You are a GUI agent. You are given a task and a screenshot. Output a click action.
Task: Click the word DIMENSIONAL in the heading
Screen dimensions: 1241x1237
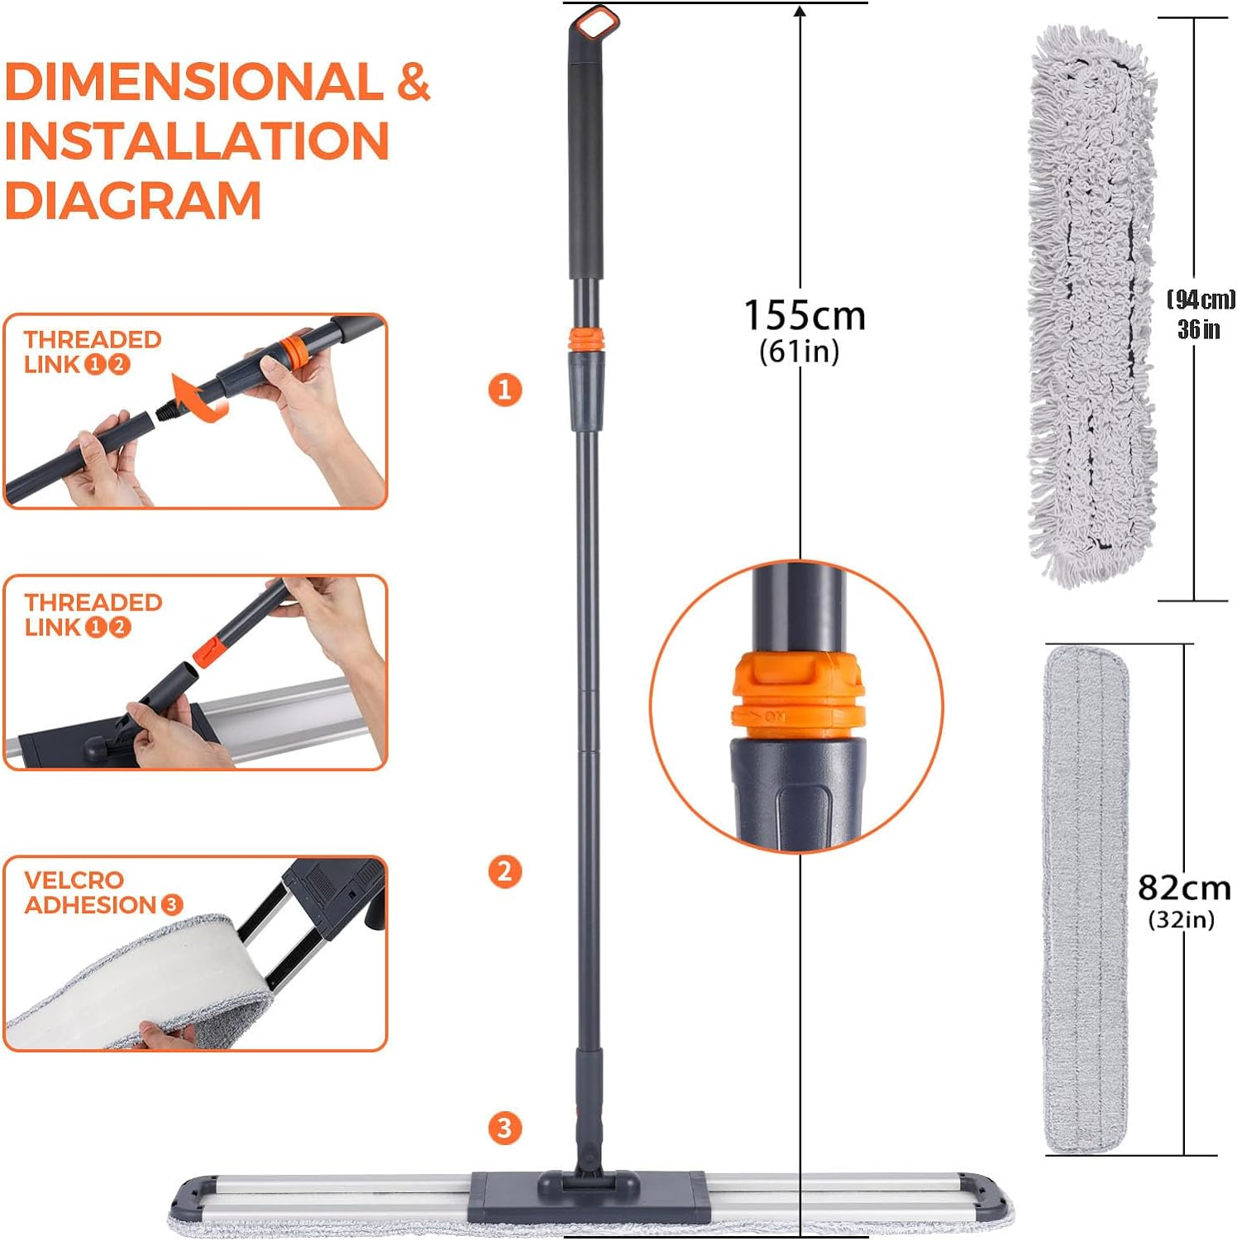click(193, 82)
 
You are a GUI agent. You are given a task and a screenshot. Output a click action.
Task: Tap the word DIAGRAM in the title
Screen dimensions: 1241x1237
click(133, 201)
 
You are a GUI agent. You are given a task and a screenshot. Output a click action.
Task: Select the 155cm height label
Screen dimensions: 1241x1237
click(804, 316)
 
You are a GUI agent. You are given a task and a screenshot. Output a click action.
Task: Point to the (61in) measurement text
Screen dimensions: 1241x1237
click(799, 352)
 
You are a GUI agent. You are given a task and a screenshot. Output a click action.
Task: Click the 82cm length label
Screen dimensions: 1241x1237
click(1183, 888)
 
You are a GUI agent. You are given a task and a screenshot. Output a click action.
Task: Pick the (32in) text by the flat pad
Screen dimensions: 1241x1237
click(1181, 919)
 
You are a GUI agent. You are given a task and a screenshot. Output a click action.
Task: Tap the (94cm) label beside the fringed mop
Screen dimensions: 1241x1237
click(1200, 299)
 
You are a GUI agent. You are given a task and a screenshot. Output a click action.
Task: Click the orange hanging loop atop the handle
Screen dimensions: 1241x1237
click(597, 22)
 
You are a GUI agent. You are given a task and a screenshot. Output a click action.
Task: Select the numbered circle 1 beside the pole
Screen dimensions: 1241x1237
click(505, 389)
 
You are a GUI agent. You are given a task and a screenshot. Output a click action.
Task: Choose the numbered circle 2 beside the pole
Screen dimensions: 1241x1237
click(505, 871)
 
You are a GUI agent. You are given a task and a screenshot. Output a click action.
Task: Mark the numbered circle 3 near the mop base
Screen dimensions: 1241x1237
click(505, 1128)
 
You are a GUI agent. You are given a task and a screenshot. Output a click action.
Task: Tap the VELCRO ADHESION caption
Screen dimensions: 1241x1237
click(91, 893)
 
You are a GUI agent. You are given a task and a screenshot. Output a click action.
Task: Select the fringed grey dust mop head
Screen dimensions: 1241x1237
click(1091, 306)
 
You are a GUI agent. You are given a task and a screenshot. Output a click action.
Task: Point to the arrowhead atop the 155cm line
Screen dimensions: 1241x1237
click(800, 12)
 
